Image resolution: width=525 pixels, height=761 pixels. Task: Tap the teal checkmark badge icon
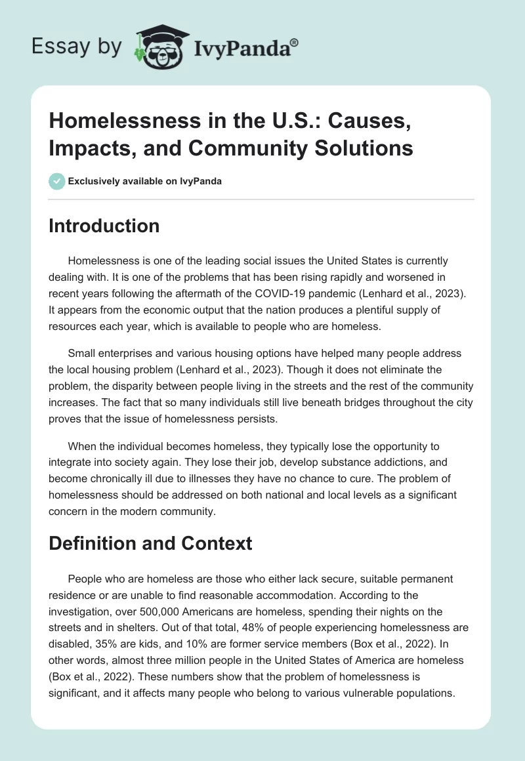point(57,181)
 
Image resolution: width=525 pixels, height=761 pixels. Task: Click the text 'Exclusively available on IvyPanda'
point(146,182)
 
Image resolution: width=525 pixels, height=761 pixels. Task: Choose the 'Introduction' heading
point(104,226)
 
